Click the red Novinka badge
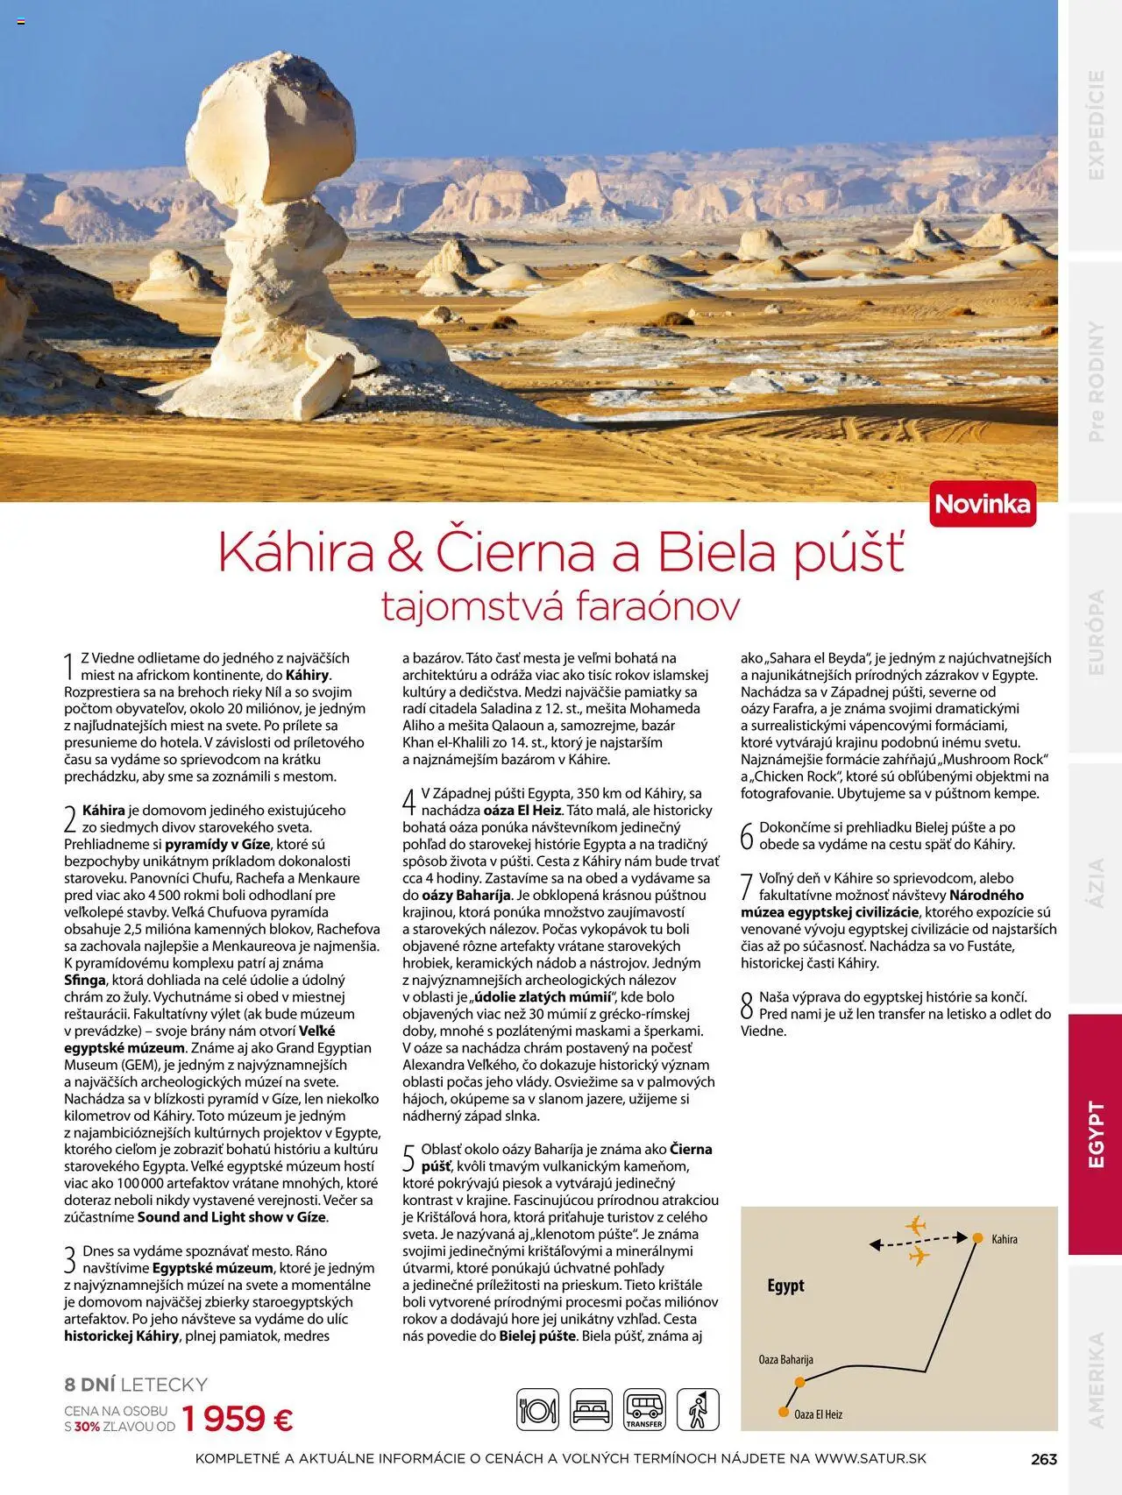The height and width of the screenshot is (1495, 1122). point(983,504)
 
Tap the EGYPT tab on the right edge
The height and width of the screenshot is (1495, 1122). point(1095,1134)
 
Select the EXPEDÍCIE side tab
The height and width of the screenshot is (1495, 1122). point(1095,124)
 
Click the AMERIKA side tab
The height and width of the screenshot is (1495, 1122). point(1095,1379)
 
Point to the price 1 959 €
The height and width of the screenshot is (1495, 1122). point(238,1418)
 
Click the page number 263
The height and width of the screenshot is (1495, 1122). point(1044,1459)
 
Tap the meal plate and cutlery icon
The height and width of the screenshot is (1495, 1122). point(537,1410)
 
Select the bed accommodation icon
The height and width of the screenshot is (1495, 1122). point(591,1410)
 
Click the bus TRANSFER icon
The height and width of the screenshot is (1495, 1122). point(644,1410)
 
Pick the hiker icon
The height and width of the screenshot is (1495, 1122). point(698,1410)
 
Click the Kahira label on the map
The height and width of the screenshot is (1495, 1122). point(1005,1239)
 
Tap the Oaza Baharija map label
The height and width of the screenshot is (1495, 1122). point(785,1360)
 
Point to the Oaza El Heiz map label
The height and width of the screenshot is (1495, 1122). point(818,1414)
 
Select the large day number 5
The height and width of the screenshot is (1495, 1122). point(408,1158)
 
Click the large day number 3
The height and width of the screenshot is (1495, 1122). point(70,1260)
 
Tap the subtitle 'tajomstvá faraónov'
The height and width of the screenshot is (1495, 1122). point(561,606)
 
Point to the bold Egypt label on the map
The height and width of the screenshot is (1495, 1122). point(785,1286)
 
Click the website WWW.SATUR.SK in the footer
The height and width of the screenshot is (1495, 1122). point(870,1459)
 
